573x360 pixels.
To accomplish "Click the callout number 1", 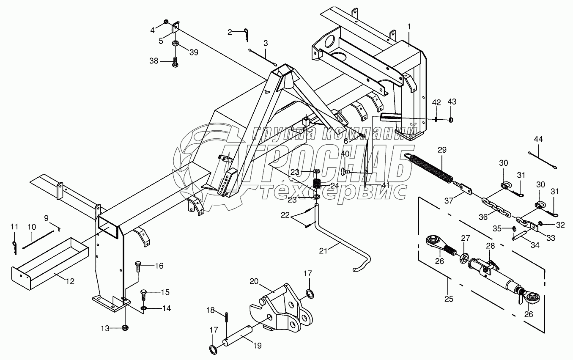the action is tap(409, 26).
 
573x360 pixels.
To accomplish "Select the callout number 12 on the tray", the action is tap(70, 281).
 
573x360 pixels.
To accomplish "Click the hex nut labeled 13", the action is tap(125, 327).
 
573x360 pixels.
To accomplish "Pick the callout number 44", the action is tap(538, 139).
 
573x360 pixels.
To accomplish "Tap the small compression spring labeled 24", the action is tap(317, 184).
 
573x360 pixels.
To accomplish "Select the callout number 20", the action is tap(254, 281).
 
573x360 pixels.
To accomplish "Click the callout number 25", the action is tap(449, 299).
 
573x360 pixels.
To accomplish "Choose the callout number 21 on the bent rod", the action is tap(323, 251).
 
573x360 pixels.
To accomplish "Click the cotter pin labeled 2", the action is tap(246, 35).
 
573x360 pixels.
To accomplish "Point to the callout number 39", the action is tap(194, 52).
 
